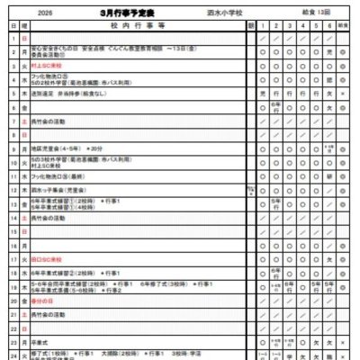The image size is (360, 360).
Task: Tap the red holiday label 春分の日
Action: click(41, 301)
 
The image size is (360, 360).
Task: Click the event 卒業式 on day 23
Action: click(39, 342)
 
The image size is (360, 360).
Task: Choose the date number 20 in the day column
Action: click(13, 301)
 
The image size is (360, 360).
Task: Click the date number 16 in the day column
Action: click(13, 245)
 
